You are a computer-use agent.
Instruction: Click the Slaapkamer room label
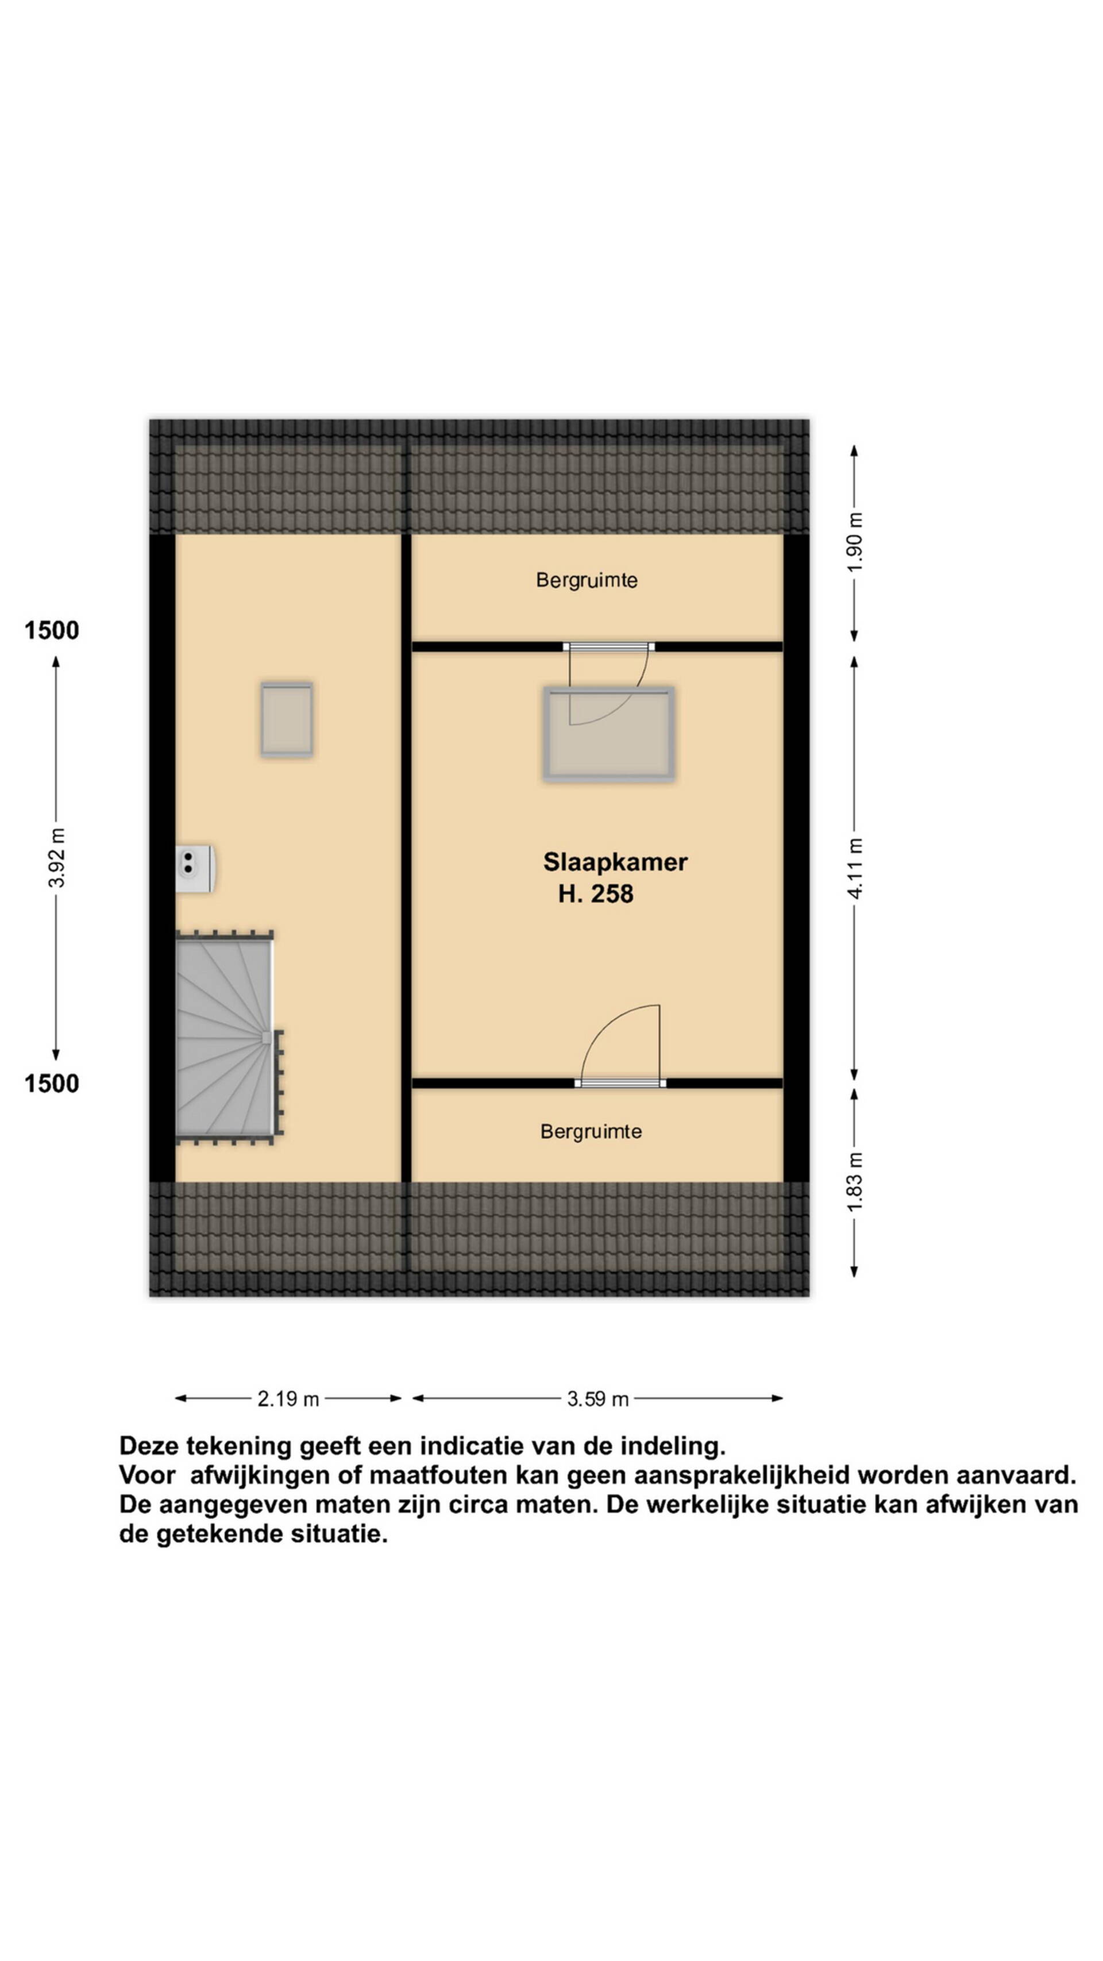(615, 862)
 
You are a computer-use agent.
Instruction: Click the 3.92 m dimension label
(56, 857)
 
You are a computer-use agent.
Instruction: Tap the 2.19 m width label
(288, 1398)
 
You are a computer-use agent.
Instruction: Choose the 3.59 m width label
(597, 1398)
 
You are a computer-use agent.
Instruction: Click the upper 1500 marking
(52, 630)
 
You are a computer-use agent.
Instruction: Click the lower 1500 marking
(52, 1083)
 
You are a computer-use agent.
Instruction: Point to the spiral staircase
(226, 1038)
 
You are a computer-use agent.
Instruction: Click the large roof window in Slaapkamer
(608, 734)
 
